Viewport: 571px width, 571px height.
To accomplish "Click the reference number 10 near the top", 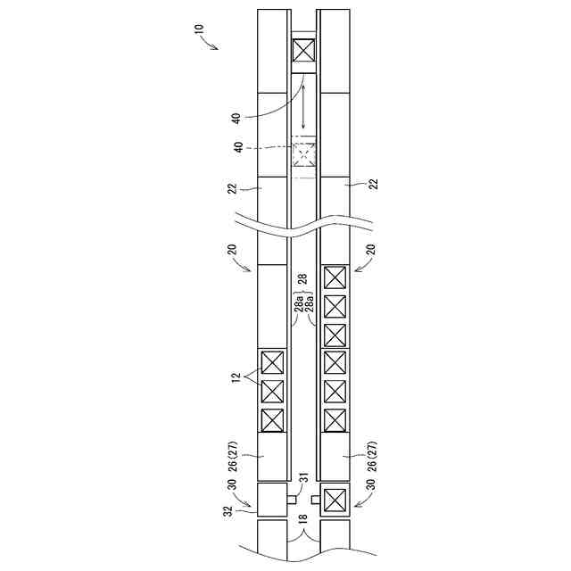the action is pyautogui.click(x=200, y=29).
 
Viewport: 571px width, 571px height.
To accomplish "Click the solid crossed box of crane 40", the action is pyautogui.click(x=303, y=50).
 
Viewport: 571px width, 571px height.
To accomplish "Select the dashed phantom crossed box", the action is pyautogui.click(x=304, y=154).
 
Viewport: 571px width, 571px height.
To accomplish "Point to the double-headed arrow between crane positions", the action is pyautogui.click(x=303, y=106).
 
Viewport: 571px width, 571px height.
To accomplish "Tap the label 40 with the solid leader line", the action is pyautogui.click(x=236, y=119).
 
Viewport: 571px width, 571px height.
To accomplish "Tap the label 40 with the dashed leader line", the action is pyautogui.click(x=238, y=147).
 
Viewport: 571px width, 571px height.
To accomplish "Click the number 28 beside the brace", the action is pyautogui.click(x=302, y=278).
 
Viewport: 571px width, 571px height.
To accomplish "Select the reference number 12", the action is pyautogui.click(x=236, y=377).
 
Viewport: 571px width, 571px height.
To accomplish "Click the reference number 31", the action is pyautogui.click(x=304, y=477).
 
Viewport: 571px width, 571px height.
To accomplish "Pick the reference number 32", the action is pyautogui.click(x=228, y=511).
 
